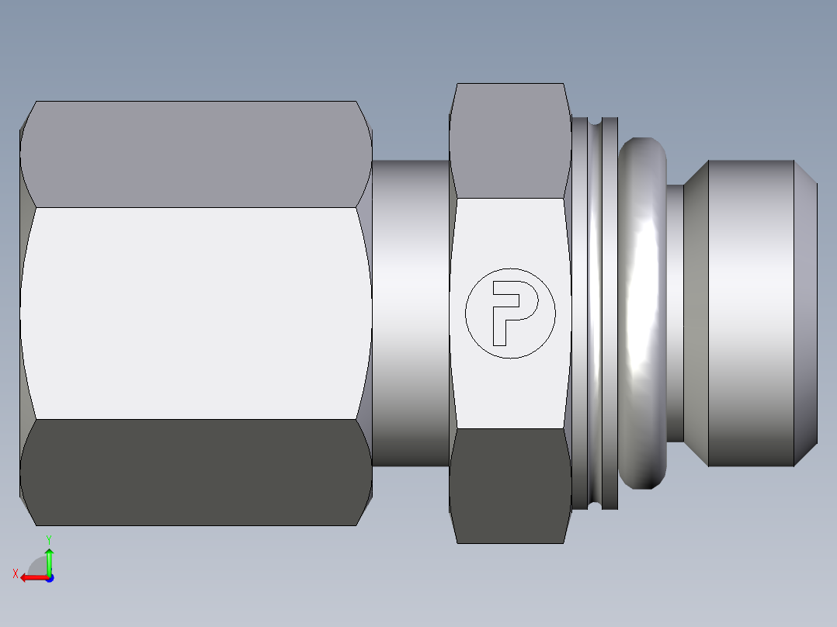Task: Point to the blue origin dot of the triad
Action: click(49, 577)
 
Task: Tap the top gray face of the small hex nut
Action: click(509, 140)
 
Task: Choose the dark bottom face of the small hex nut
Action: click(509, 485)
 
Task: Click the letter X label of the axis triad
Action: click(15, 574)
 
